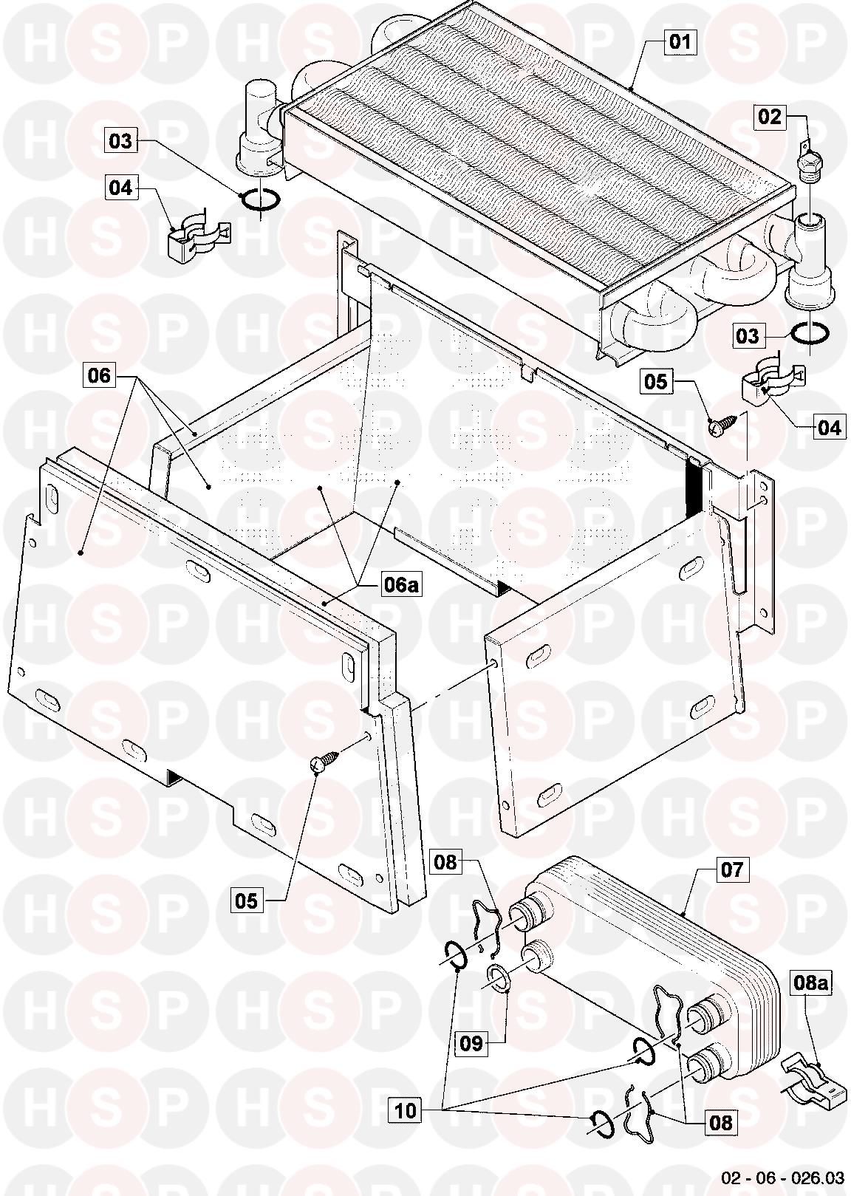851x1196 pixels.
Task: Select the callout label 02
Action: click(769, 117)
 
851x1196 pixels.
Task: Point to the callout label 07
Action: click(731, 869)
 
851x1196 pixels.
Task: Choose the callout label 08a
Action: click(810, 983)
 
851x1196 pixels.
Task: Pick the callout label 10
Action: click(406, 1110)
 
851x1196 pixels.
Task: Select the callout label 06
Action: click(99, 376)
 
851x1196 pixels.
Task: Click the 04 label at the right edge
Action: click(829, 428)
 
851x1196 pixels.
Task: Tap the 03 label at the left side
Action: click(121, 140)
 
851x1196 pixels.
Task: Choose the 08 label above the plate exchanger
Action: click(445, 862)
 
